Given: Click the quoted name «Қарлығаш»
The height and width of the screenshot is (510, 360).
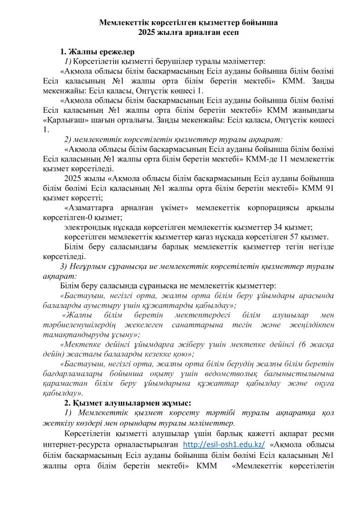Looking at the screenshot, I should tap(63, 120).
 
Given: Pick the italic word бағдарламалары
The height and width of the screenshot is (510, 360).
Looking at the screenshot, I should tap(86, 373).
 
